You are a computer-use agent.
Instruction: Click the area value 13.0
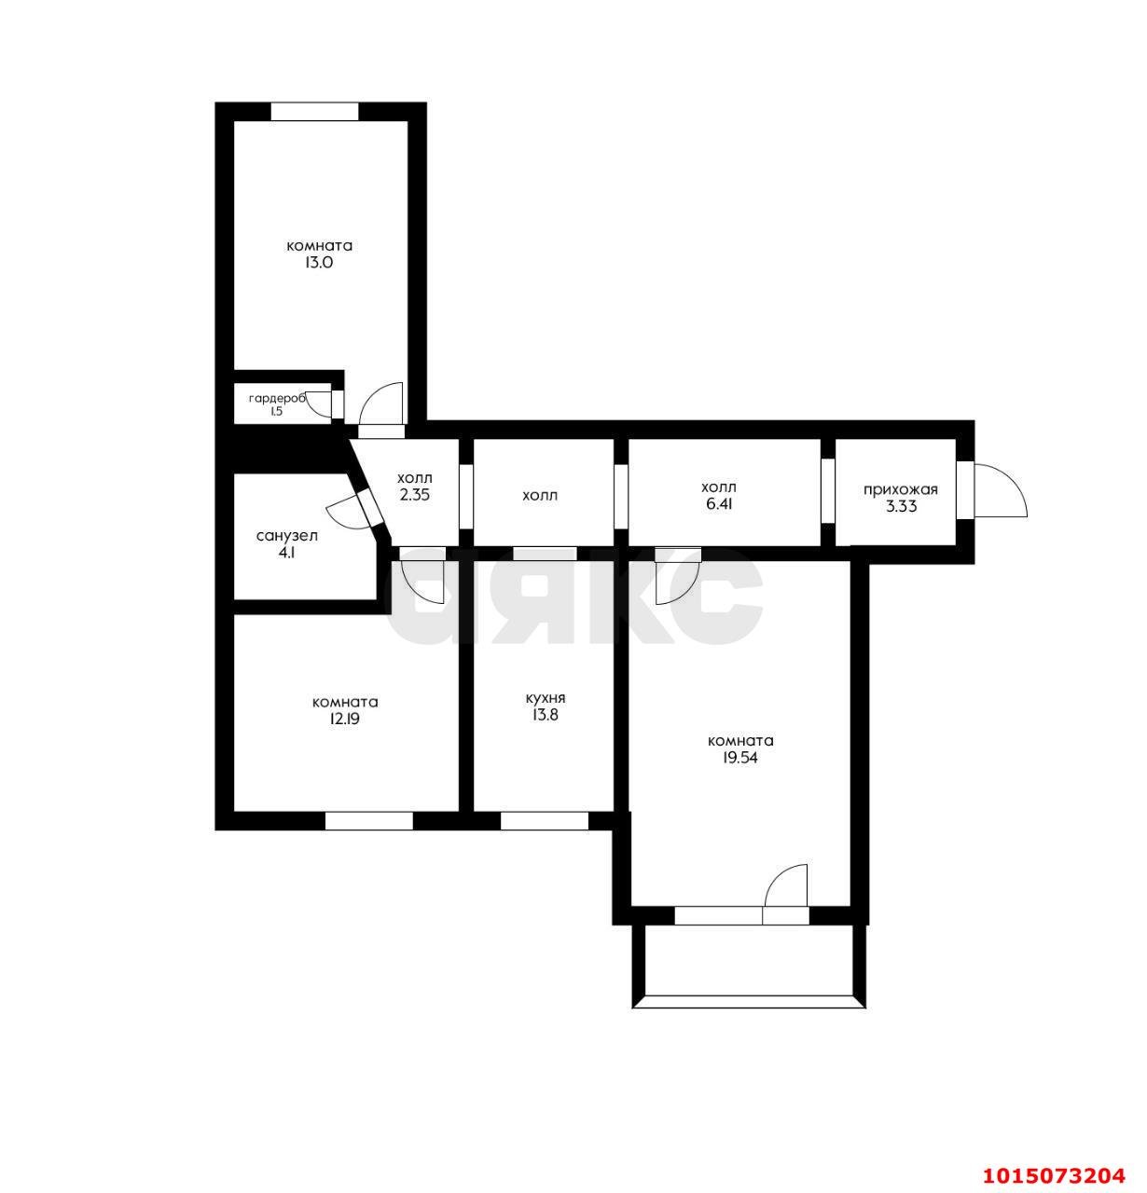(x=319, y=263)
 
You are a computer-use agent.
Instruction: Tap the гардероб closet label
(x=277, y=399)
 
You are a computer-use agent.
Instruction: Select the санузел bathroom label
(x=286, y=536)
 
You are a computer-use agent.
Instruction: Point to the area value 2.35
(x=414, y=496)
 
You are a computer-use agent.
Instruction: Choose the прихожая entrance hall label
(x=900, y=489)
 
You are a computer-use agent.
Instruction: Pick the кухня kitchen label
(x=545, y=698)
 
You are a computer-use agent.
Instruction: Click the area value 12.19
(x=345, y=719)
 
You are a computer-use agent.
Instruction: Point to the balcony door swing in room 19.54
(x=786, y=887)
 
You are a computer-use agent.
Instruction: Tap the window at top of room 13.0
(x=314, y=112)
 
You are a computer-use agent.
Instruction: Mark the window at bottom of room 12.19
(x=368, y=821)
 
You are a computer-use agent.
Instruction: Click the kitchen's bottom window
(x=544, y=821)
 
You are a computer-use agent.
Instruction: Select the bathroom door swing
(x=344, y=514)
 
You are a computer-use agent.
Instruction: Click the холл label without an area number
(x=540, y=495)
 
